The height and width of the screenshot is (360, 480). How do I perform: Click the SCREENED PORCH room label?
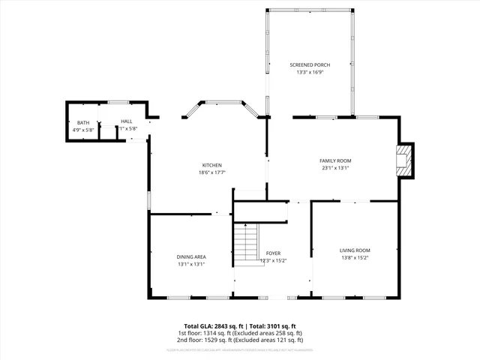(310, 65)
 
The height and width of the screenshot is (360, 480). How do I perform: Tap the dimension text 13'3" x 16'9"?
(310, 73)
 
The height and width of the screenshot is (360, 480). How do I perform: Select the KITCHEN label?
(211, 165)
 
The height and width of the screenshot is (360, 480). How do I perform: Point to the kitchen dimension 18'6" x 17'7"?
(211, 172)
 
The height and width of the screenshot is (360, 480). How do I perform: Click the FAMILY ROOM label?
(335, 160)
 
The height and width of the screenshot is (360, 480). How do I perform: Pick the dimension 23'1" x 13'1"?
(335, 168)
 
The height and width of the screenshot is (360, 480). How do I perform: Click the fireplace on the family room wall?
(404, 160)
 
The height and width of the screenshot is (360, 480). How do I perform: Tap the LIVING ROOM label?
(355, 250)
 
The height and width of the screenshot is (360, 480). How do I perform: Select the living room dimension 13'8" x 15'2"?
(355, 258)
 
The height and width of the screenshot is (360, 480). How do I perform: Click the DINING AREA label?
(191, 256)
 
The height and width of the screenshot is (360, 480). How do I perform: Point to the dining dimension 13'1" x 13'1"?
(191, 264)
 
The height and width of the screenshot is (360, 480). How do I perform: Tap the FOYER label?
(274, 253)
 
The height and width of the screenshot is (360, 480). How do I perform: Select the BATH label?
(82, 122)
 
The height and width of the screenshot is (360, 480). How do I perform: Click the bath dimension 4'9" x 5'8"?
(82, 129)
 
